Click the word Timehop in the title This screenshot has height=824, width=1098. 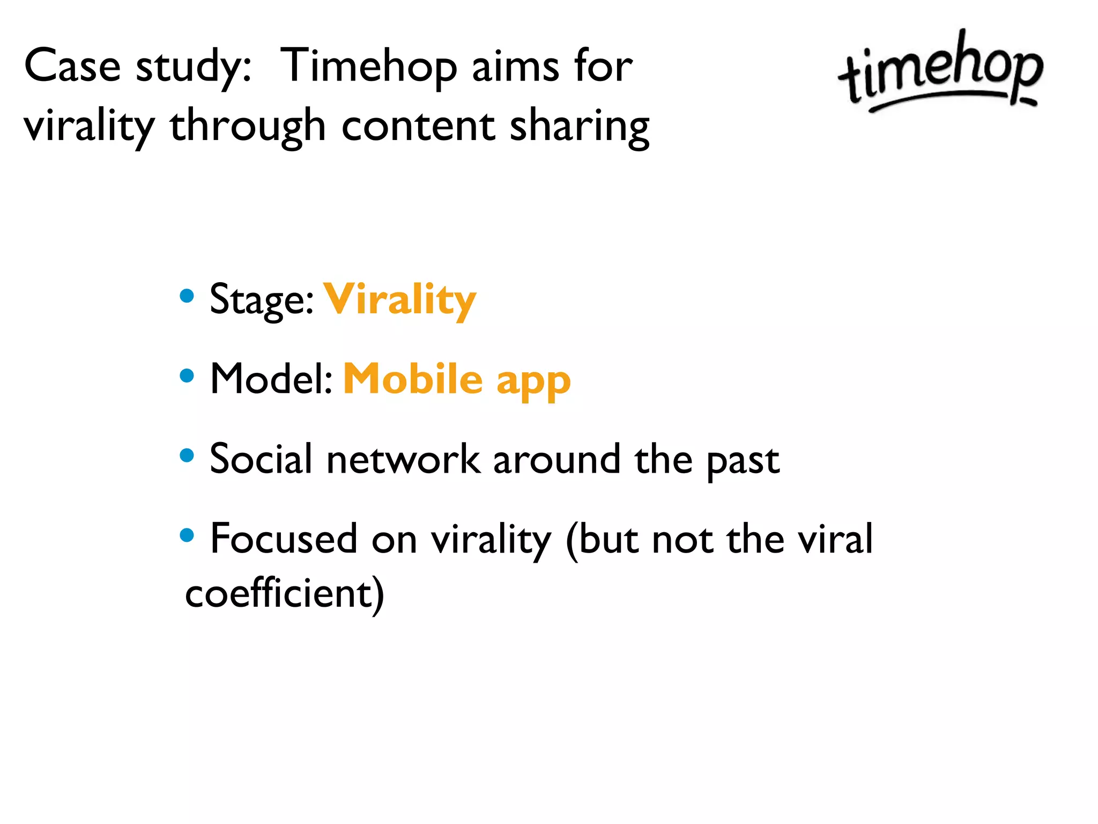coord(368,67)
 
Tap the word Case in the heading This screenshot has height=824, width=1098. coord(72,67)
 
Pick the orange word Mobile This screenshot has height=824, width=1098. coord(413,379)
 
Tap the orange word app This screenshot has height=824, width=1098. coord(533,382)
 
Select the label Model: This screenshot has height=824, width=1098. coord(271,379)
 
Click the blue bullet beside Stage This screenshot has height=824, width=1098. coord(187,296)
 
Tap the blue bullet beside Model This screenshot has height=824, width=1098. coord(187,375)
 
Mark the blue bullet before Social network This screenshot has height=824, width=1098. coord(187,455)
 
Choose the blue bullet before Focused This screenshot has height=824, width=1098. coord(187,535)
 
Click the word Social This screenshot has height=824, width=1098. coord(261,459)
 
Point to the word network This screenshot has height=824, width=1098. coord(403,460)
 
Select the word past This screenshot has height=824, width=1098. coord(743,461)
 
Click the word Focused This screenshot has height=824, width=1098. coord(284,539)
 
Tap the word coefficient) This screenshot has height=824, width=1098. coord(285,593)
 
